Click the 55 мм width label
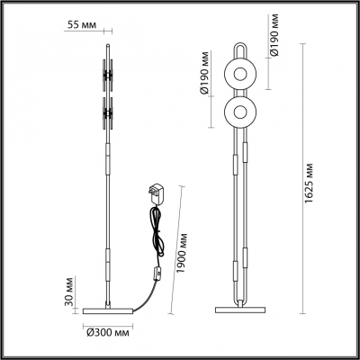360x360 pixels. point(83,24)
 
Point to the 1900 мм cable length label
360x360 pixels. point(183,255)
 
